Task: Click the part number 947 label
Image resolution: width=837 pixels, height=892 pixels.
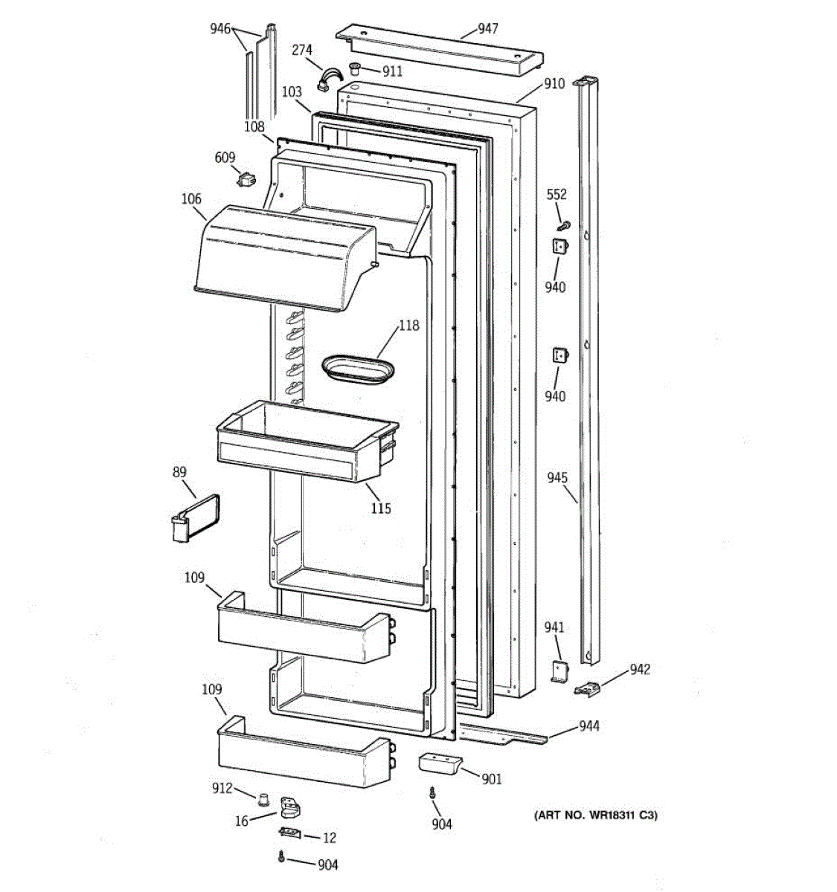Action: point(488,29)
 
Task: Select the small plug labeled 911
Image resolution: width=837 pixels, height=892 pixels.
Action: point(355,70)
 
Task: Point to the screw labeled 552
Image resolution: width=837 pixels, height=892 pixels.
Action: point(564,224)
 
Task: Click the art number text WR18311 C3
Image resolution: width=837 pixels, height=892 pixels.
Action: point(596,815)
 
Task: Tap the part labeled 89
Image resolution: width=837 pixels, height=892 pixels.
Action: point(187,517)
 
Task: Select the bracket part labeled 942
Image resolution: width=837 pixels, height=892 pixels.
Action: point(587,691)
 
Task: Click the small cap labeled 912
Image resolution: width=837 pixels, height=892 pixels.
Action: point(263,799)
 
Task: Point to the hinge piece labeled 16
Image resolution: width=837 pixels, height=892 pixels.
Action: point(292,807)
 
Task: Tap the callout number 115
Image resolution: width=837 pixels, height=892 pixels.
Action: point(380,508)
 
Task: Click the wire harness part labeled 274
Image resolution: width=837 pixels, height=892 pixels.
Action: point(327,77)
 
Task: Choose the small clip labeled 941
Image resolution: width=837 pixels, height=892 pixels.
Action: point(559,671)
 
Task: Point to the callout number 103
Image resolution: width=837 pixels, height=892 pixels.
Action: point(292,92)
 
